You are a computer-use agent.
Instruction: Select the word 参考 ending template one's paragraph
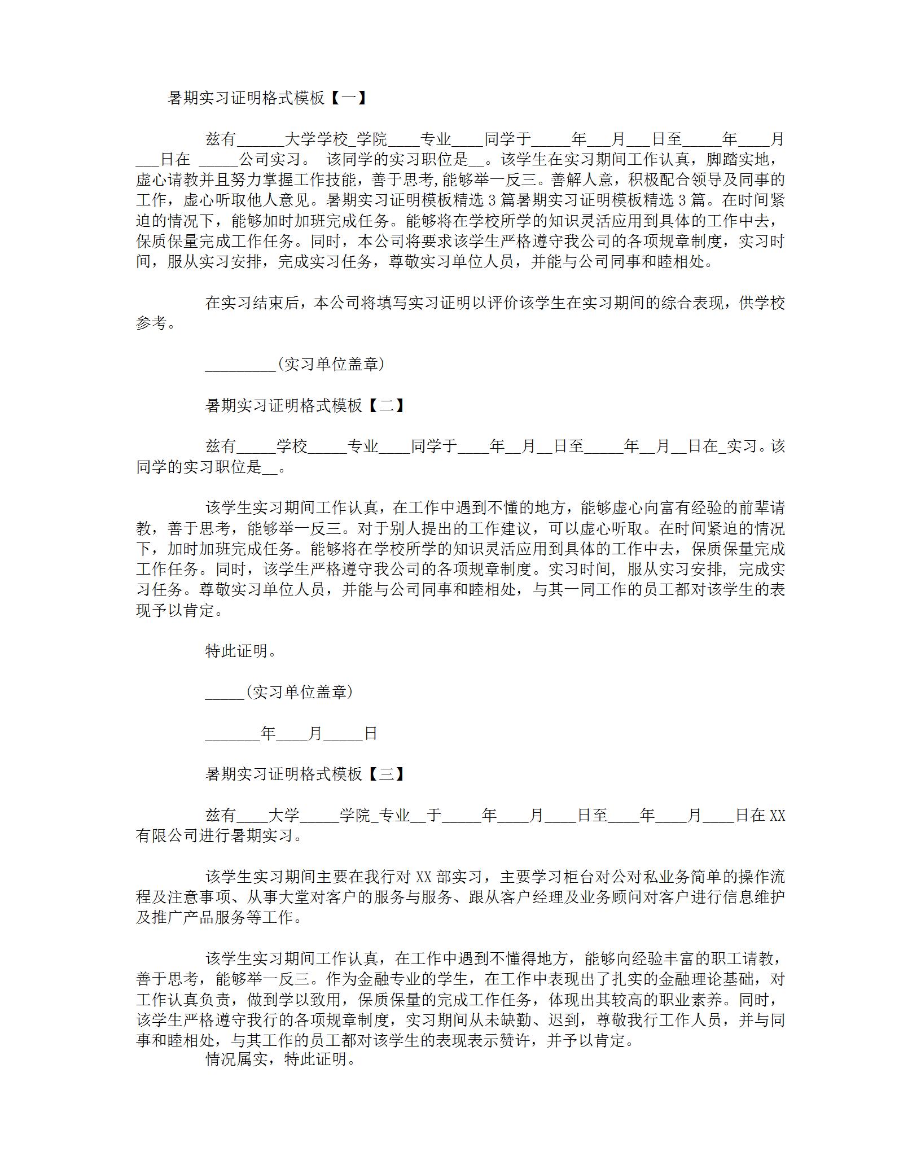[151, 323]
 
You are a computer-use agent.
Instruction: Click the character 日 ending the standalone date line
[370, 733]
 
